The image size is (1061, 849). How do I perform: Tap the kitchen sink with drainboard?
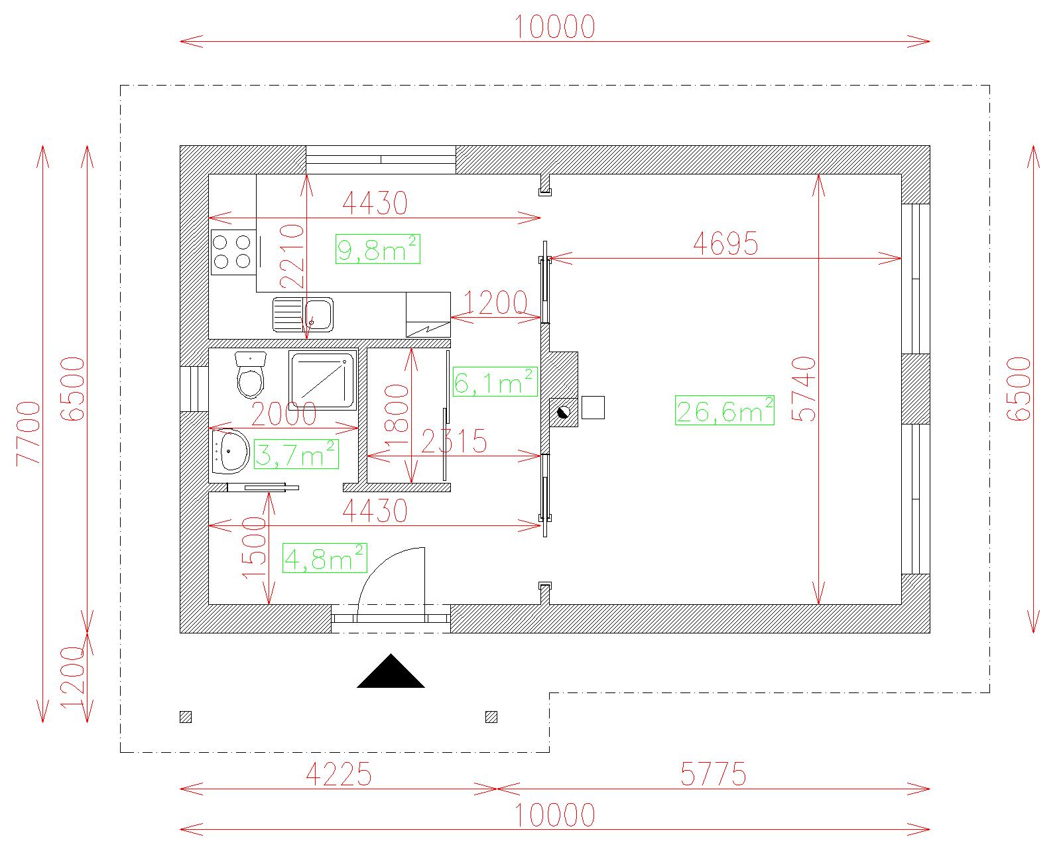coord(303,314)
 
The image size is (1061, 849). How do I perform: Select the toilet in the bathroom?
coord(251,375)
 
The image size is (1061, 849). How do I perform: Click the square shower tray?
coord(322,380)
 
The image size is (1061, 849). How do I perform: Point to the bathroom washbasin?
coord(230,452)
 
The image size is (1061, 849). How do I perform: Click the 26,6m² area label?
coord(724,411)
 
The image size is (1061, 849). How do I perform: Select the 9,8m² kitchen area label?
coord(378,249)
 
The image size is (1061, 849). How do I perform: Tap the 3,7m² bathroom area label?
coord(296,454)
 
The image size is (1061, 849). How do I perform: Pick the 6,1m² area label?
coord(495,382)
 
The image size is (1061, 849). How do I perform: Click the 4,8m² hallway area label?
coord(324,558)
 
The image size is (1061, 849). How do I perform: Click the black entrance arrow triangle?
coord(391,671)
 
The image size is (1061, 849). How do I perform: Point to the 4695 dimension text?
coord(725,243)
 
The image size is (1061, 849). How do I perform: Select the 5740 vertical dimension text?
coord(804,389)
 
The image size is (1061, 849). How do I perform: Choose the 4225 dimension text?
coord(339,774)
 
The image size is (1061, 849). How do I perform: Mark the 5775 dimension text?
coord(714,774)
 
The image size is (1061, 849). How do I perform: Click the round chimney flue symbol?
coord(563,412)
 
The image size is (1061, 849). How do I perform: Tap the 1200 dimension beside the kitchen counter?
coord(495,302)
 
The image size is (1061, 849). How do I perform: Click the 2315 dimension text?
coord(454,441)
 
